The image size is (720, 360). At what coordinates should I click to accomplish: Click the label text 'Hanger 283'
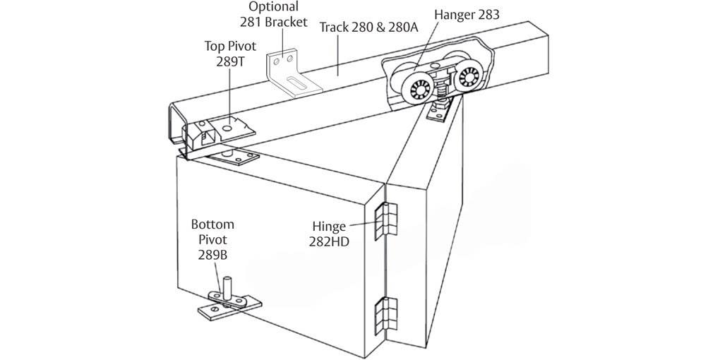[x=467, y=13]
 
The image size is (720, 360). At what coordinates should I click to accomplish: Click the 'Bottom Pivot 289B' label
[x=212, y=239]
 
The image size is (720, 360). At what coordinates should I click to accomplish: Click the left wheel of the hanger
[x=412, y=90]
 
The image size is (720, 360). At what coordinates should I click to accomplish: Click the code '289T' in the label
[x=229, y=61]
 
